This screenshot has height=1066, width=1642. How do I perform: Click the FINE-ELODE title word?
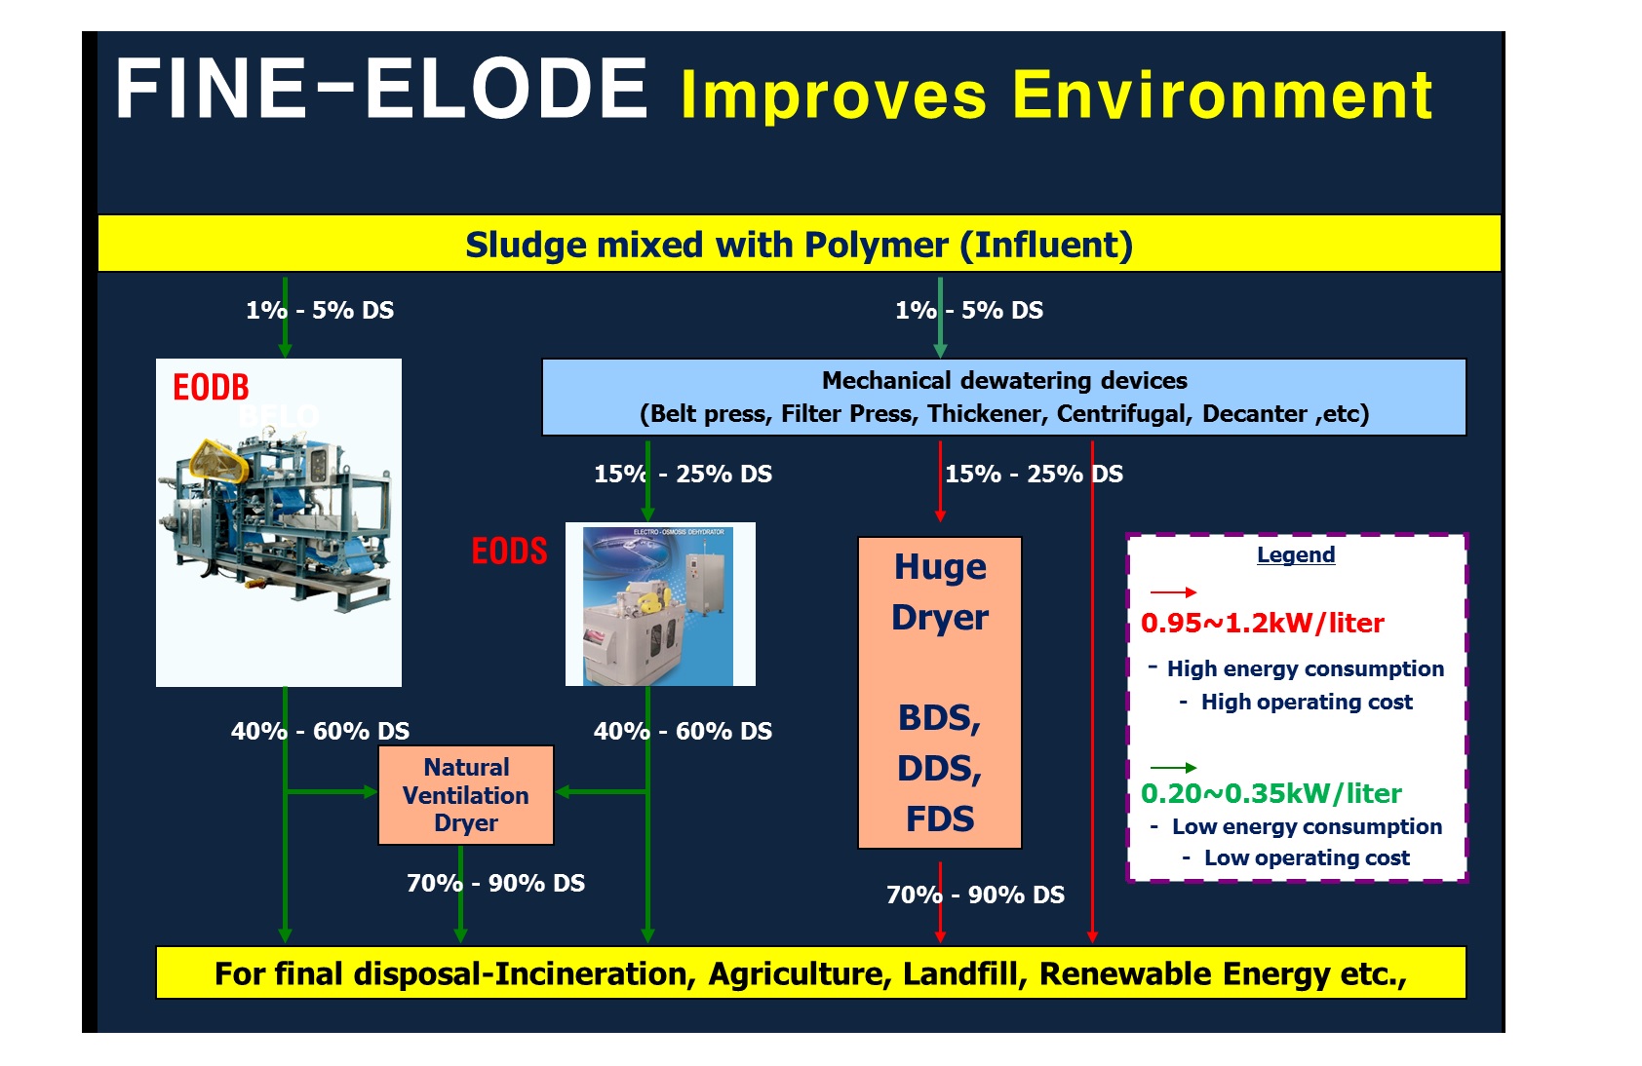click(380, 89)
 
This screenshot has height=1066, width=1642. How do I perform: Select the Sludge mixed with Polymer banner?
click(799, 244)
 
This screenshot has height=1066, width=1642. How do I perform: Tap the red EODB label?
click(211, 388)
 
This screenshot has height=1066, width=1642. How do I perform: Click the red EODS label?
click(509, 552)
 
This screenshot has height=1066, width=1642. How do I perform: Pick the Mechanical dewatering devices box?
click(1003, 397)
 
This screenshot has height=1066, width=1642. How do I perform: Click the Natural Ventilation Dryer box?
click(465, 795)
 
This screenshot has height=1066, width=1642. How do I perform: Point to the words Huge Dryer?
click(940, 591)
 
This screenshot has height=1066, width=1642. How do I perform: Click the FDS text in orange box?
click(939, 819)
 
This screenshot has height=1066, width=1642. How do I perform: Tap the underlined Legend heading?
click(1295, 554)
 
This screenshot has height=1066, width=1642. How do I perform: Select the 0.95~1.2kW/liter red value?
click(1262, 624)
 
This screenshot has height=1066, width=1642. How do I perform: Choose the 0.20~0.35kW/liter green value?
click(1271, 793)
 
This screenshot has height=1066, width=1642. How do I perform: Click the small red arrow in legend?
click(1172, 591)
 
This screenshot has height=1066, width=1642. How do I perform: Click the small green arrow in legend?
click(1172, 768)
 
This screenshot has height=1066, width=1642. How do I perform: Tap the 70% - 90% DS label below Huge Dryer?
click(975, 895)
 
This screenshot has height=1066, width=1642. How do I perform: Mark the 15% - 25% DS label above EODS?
click(683, 474)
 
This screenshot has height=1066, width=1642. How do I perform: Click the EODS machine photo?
click(660, 604)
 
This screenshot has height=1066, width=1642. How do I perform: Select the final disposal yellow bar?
click(810, 972)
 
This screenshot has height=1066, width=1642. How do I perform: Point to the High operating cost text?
click(1306, 702)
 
